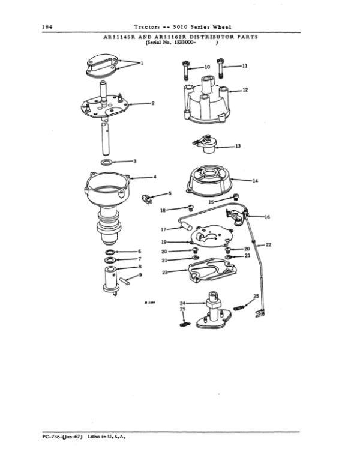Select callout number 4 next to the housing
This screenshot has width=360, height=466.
(155, 177)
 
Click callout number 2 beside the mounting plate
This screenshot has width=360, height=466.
(153, 103)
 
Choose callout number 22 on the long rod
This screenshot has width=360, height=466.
(268, 244)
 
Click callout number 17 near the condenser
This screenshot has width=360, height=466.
(163, 229)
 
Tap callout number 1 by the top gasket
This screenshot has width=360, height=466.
(142, 63)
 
